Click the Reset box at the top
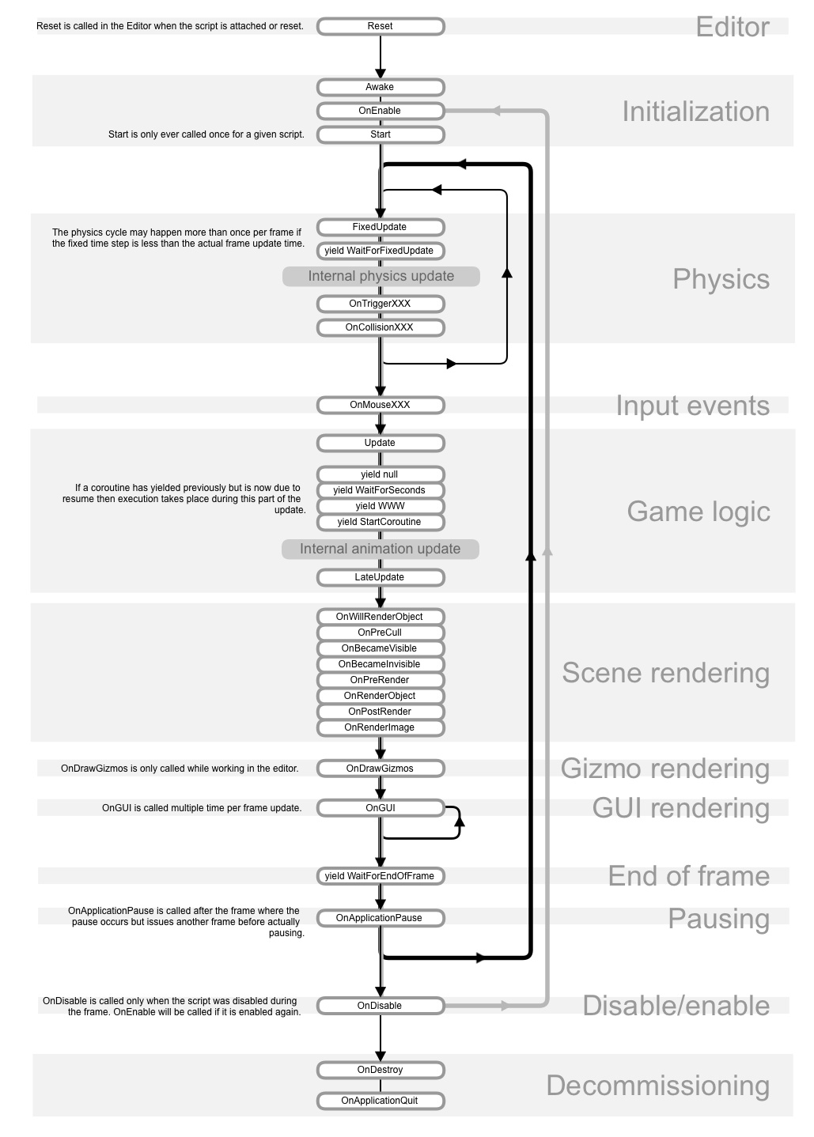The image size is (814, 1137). [x=380, y=26]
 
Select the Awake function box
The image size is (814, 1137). [x=380, y=87]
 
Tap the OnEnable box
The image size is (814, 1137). [x=380, y=111]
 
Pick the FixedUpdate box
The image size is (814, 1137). [x=380, y=227]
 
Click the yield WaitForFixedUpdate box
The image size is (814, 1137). [x=380, y=251]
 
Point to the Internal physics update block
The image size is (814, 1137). [x=381, y=276]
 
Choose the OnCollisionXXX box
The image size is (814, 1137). [x=380, y=327]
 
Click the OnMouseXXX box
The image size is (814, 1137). [x=380, y=405]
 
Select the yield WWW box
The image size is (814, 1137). [x=380, y=506]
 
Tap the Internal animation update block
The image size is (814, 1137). [x=380, y=549]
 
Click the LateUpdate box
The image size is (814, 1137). [x=380, y=577]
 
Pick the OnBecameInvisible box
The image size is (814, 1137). [x=380, y=664]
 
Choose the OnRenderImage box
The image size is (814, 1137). [x=380, y=727]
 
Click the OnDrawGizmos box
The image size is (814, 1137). [x=380, y=769]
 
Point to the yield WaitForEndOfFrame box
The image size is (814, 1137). [x=380, y=876]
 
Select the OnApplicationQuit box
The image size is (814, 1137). [x=380, y=1101]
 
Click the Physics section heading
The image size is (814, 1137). [x=721, y=279]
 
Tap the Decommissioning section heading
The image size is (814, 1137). [x=657, y=1086]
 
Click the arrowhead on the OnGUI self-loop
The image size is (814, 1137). [x=460, y=822]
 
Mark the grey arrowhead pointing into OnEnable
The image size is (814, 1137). [x=496, y=111]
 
